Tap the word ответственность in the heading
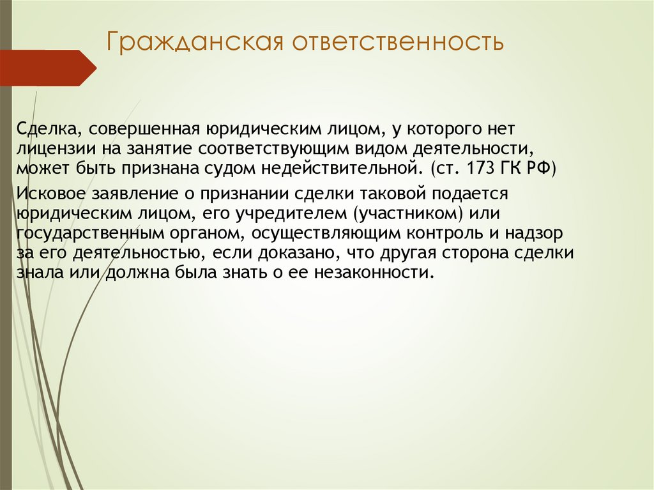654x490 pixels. (399, 43)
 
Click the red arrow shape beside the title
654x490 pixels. (48, 68)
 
